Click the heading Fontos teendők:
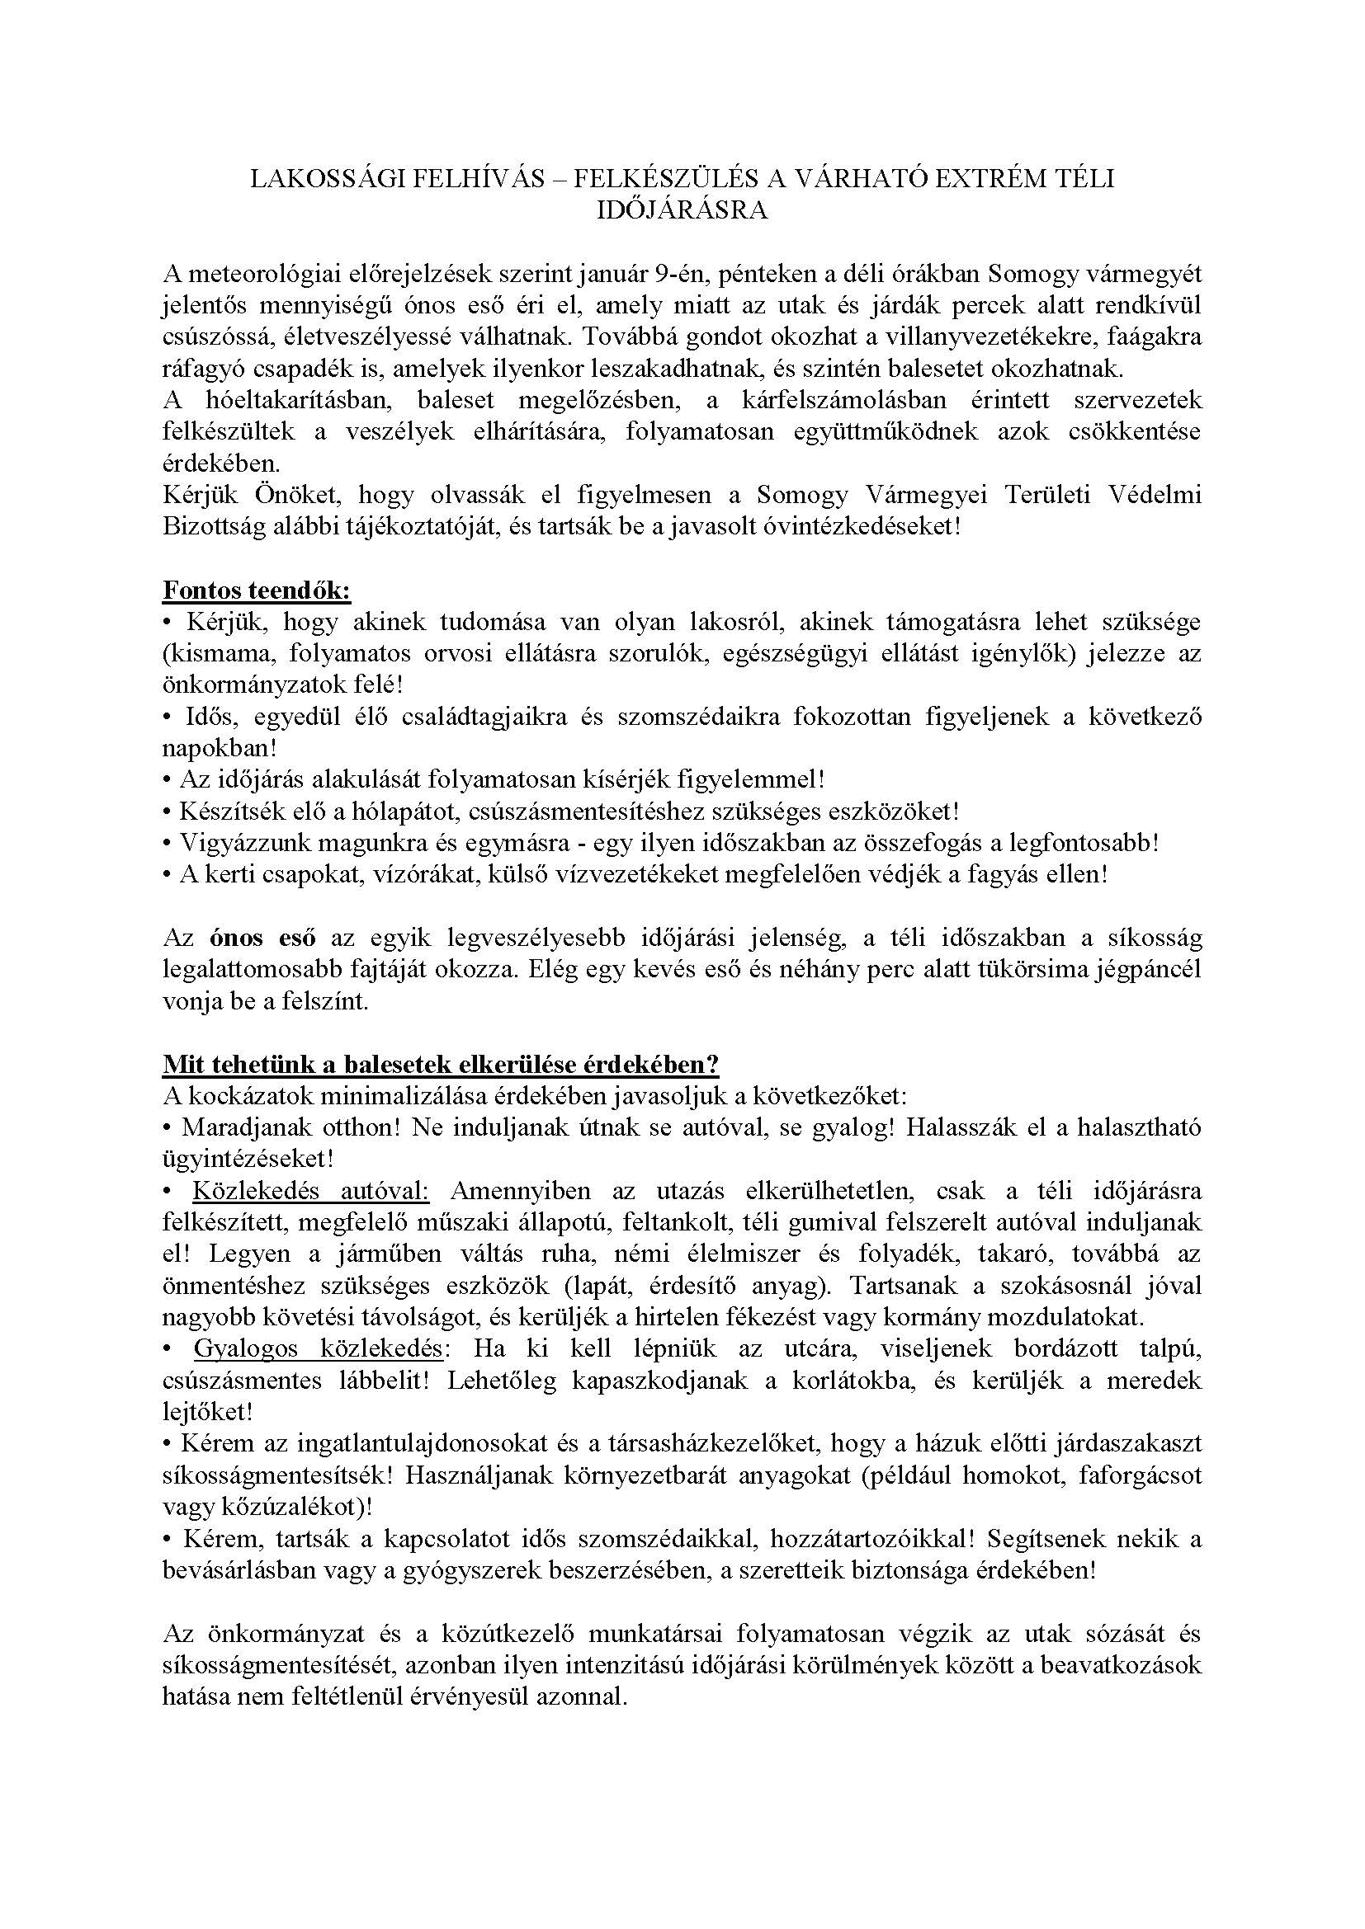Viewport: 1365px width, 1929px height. coord(257,590)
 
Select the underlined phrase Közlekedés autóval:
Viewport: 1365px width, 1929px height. coord(312,1192)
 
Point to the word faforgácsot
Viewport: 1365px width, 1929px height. coord(1133,1476)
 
